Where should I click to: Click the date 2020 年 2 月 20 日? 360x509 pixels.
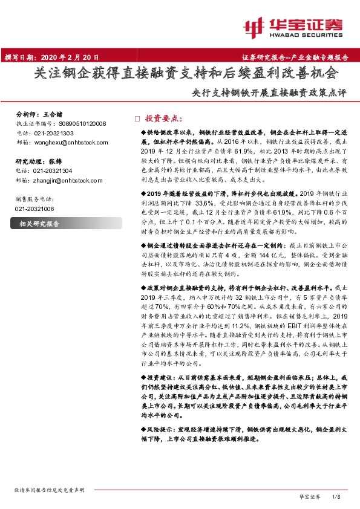(68, 57)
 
